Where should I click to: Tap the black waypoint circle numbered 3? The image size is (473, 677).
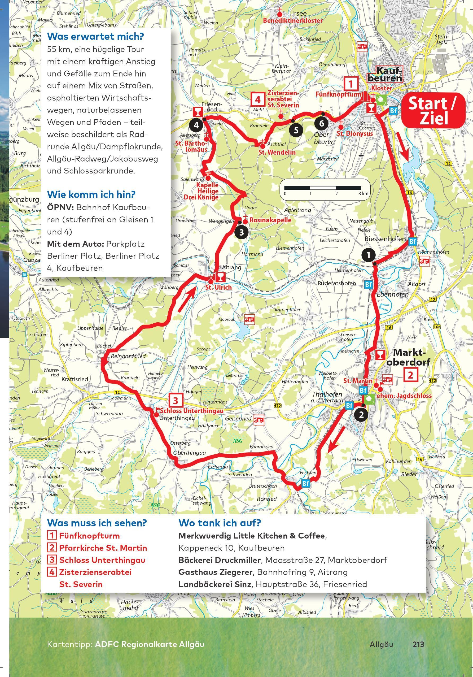[x=241, y=232]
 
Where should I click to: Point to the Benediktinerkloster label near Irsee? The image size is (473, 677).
[x=293, y=21]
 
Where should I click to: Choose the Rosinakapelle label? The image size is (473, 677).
[x=270, y=220]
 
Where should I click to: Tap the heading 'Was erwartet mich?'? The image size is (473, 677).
[x=95, y=37]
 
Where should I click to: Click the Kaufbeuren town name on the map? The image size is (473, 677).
[x=385, y=74]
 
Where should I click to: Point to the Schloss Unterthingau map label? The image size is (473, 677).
[x=191, y=411]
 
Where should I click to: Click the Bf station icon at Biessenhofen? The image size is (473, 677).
[x=413, y=242]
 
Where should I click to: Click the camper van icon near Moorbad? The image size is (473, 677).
[x=249, y=319]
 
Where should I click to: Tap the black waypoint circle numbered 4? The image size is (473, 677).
[x=196, y=125]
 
